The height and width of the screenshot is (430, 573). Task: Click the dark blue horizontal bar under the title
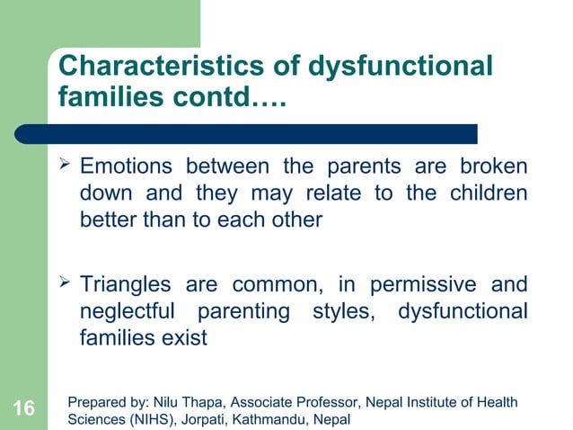point(260,134)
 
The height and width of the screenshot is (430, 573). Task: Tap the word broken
point(492,168)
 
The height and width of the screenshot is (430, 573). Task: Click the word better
point(108,220)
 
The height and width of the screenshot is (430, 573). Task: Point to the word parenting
point(255,313)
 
